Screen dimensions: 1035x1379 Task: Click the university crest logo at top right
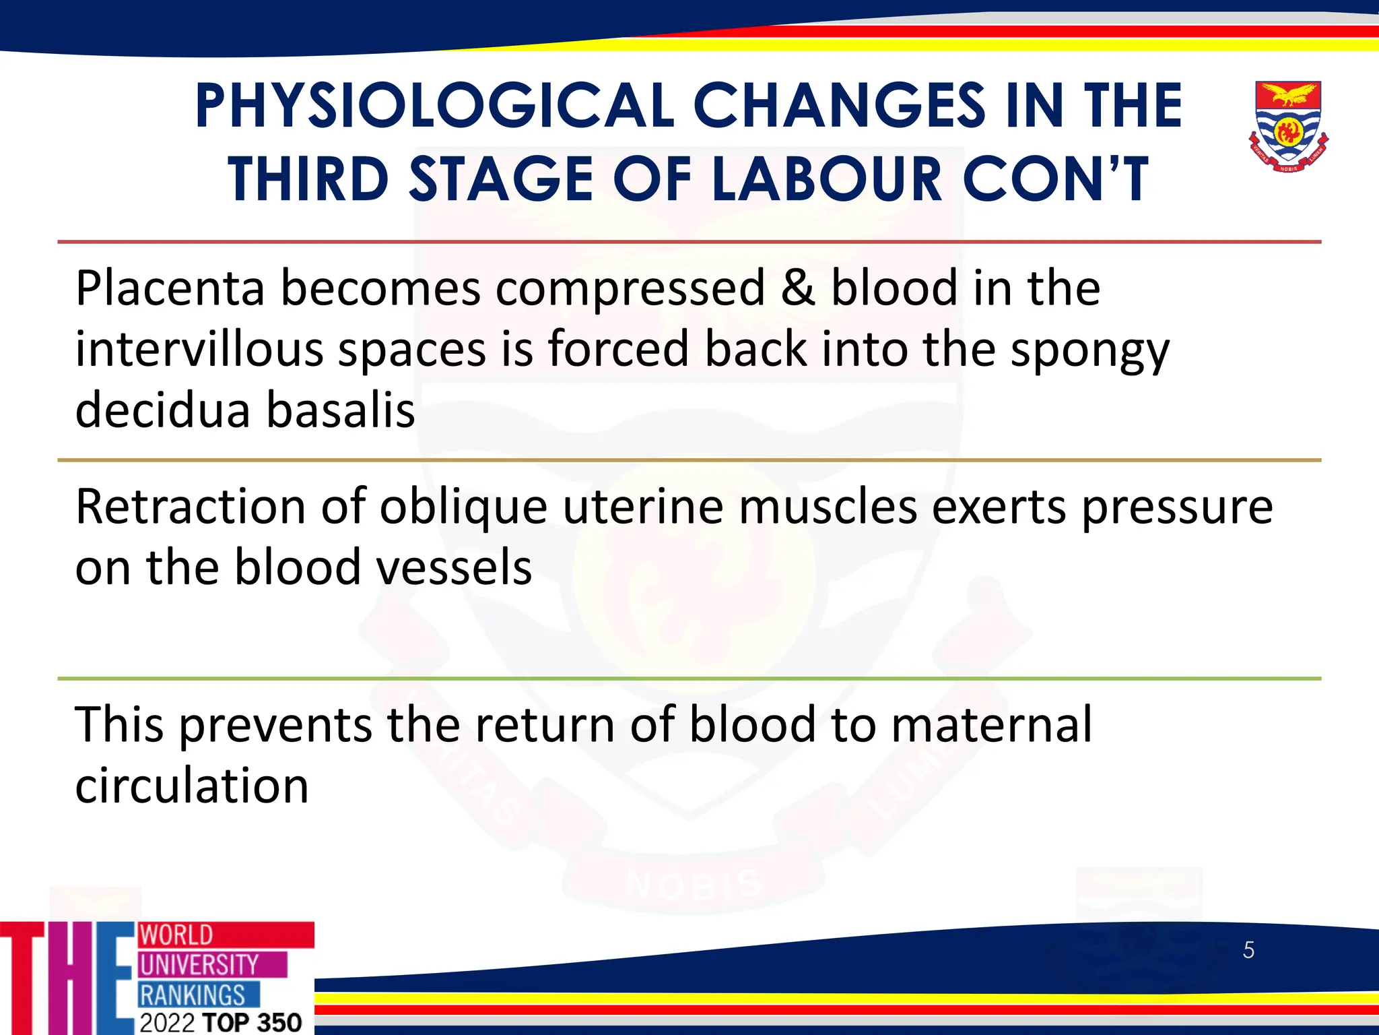(x=1287, y=126)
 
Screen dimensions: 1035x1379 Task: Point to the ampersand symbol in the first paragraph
(x=798, y=288)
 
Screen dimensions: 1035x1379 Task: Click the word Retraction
(x=191, y=507)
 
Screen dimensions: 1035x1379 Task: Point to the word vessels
(x=454, y=567)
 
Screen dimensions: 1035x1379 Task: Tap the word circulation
(x=192, y=786)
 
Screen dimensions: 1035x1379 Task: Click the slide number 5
(x=1248, y=950)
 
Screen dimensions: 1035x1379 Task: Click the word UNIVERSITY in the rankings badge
(x=199, y=965)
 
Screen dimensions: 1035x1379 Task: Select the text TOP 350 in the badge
(x=252, y=1022)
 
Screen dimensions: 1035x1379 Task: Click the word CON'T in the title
(x=1055, y=179)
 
